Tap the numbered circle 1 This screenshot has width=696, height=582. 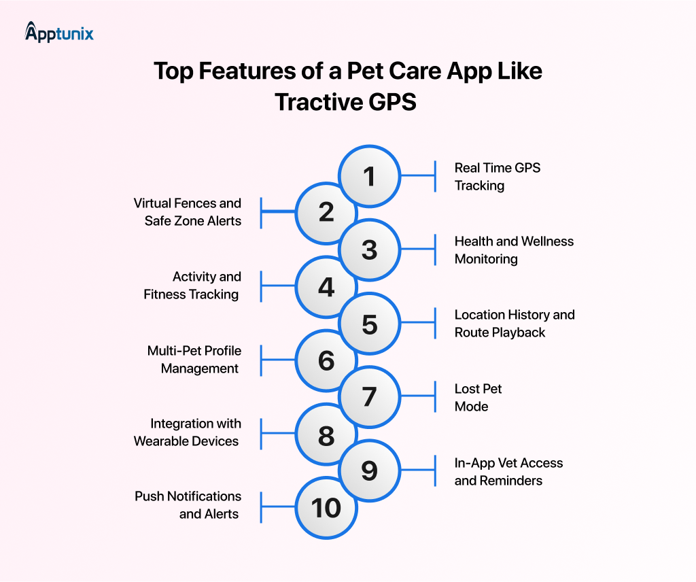(369, 177)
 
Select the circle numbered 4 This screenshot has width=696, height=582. (326, 287)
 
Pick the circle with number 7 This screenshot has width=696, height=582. (369, 397)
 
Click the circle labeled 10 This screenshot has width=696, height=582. (326, 507)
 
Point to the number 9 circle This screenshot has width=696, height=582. (369, 470)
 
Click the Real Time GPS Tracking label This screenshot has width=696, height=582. (497, 177)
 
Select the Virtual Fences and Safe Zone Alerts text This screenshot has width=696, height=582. (188, 212)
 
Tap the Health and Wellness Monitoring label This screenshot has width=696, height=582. (513, 250)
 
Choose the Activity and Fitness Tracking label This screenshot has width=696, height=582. (192, 286)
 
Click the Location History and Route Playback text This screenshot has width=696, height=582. (514, 324)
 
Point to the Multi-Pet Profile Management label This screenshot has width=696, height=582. (194, 360)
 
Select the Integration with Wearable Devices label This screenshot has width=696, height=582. (188, 432)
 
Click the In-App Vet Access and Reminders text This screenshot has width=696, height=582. (508, 472)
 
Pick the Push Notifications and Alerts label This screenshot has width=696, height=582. (188, 505)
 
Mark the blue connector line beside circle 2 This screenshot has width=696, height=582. (279, 212)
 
